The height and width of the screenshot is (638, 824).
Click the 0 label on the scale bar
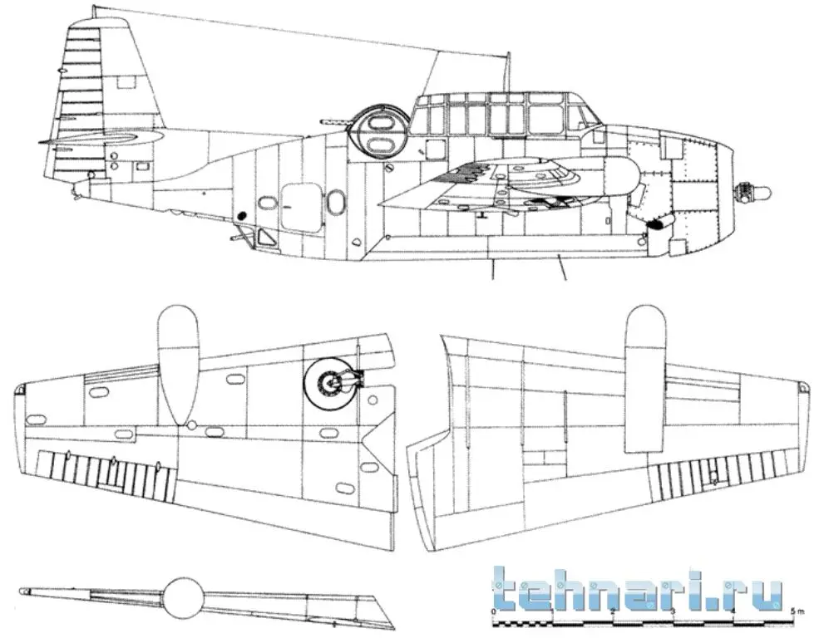click(495, 612)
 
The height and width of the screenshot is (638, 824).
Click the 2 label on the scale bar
click(614, 612)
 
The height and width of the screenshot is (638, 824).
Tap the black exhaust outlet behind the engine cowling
click(656, 223)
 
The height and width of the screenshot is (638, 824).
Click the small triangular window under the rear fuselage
click(268, 238)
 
